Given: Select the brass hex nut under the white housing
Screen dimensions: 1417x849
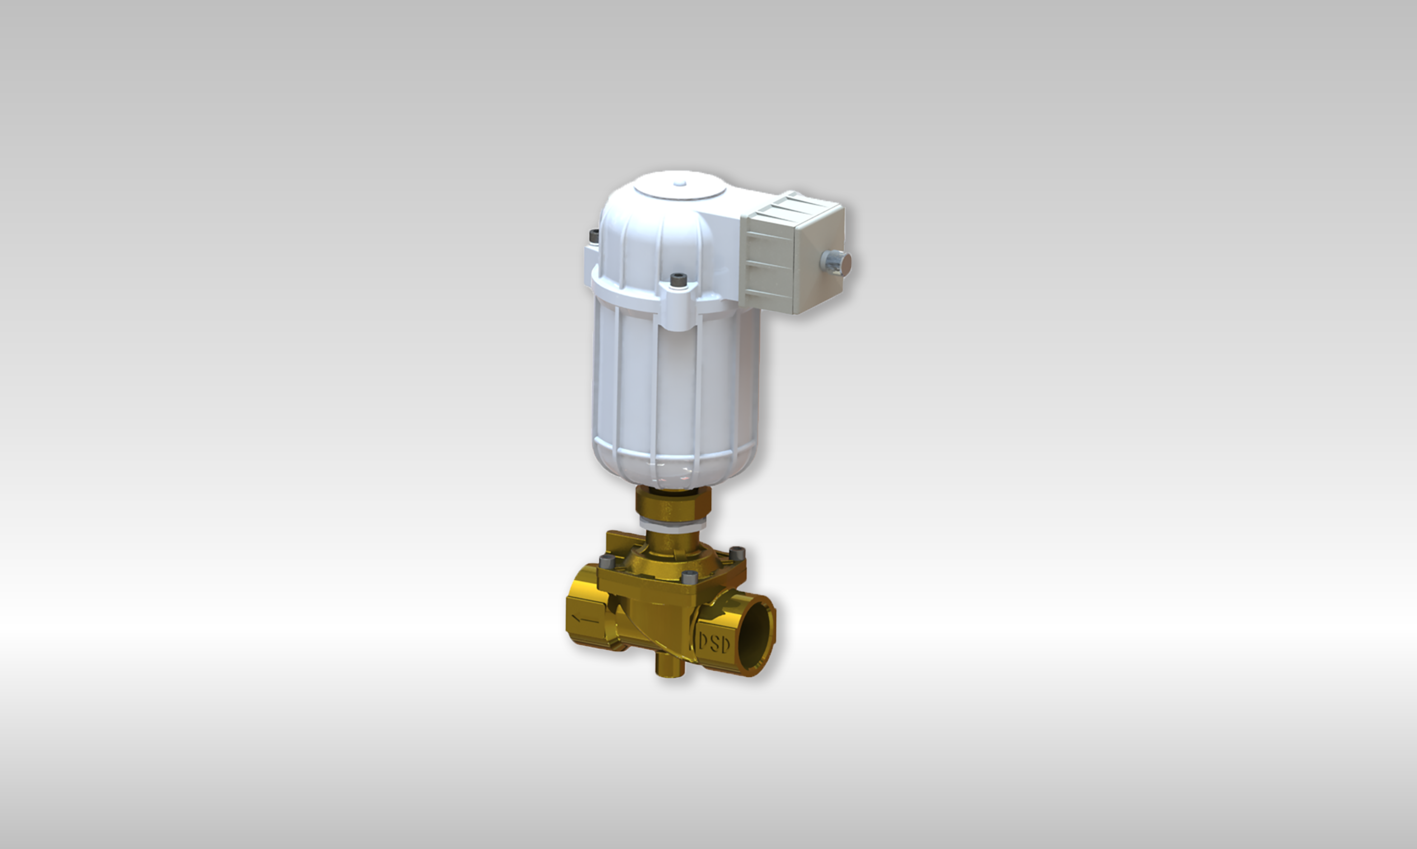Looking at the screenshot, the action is pyautogui.click(x=673, y=502).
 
